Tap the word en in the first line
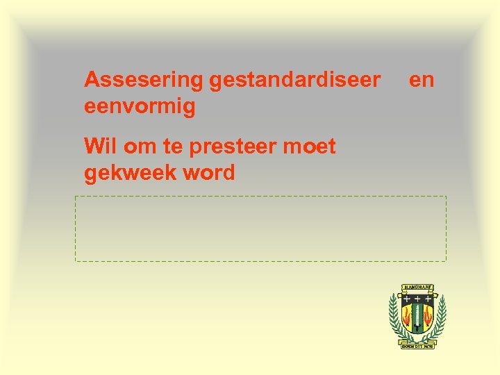pyautogui.click(x=422, y=81)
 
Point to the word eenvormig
pyautogui.click(x=140, y=108)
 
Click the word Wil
pyautogui.click(x=98, y=147)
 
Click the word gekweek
pyautogui.click(x=130, y=174)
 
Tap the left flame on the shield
pyautogui.click(x=407, y=319)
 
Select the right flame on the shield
pyautogui.click(x=428, y=319)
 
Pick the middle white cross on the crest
pyautogui.click(x=417, y=297)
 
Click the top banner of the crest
pyautogui.click(x=417, y=286)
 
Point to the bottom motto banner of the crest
pyautogui.click(x=417, y=345)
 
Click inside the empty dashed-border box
pyautogui.click(x=260, y=228)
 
